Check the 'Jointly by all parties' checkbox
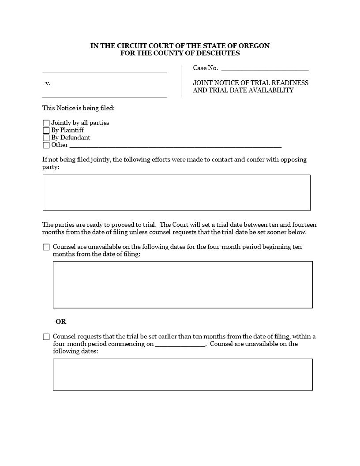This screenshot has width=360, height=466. click(46, 123)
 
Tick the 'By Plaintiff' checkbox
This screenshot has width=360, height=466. click(46, 131)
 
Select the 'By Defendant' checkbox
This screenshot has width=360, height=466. click(46, 138)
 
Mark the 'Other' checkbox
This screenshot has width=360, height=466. click(46, 145)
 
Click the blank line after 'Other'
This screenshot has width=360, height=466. click(175, 146)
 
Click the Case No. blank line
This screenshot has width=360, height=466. click(265, 69)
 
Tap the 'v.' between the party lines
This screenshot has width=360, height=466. click(48, 83)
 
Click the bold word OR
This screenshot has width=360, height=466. click(61, 322)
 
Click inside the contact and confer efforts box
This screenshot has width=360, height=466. click(176, 193)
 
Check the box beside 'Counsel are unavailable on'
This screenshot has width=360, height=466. click(46, 247)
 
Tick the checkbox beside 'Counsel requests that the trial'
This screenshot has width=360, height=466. click(46, 337)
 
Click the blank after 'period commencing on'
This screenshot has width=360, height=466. click(180, 345)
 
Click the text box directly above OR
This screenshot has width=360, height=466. click(183, 285)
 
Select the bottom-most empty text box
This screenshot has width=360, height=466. click(183, 375)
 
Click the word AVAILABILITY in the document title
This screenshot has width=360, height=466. click(271, 90)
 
